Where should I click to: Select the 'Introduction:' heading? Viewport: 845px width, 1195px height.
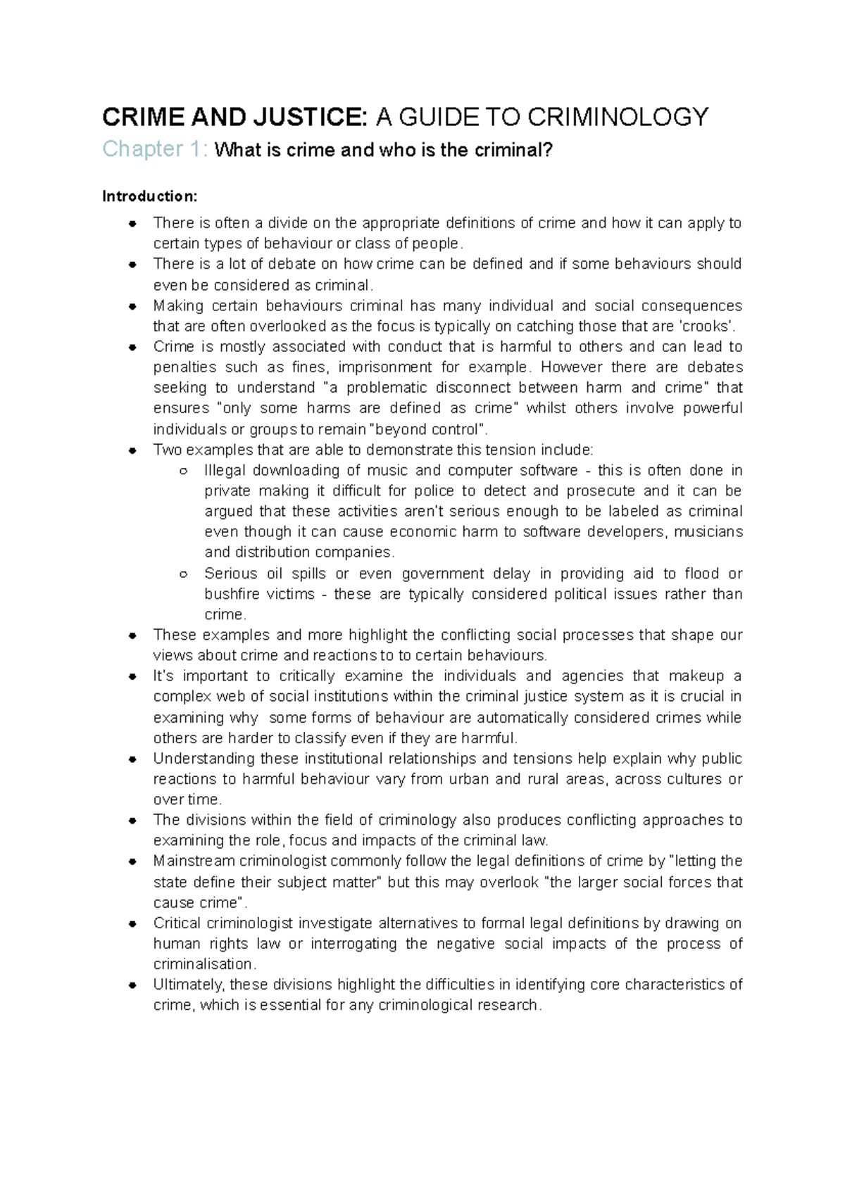pos(150,196)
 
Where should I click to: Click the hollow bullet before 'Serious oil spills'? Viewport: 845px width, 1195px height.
pos(183,574)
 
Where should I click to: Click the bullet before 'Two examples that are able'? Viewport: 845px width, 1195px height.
pos(132,450)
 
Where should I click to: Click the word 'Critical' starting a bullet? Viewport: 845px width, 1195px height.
pos(176,923)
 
